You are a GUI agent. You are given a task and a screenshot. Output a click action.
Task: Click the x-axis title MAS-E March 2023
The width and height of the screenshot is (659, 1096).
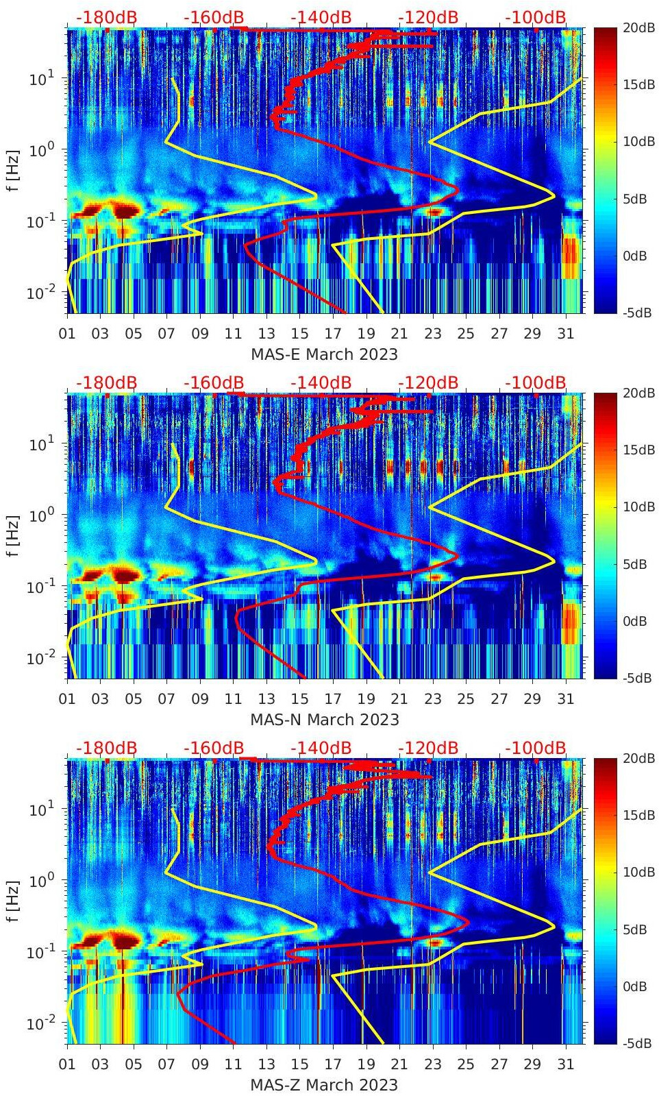[x=324, y=354]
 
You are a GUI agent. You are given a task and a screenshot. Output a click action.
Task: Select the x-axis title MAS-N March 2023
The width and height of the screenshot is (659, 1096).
[x=324, y=720]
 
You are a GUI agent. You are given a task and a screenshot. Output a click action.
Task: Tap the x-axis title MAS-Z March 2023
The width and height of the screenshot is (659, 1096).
[x=324, y=1085]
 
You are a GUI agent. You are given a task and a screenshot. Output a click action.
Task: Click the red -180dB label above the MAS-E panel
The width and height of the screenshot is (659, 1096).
[x=106, y=17]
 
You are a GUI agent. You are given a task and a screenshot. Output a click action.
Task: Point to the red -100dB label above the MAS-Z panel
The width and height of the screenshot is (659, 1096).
[x=536, y=748]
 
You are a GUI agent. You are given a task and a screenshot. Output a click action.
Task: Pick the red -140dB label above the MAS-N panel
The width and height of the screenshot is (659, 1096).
[x=321, y=382]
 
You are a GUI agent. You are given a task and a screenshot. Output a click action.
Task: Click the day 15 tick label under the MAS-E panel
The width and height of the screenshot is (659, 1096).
[x=299, y=334]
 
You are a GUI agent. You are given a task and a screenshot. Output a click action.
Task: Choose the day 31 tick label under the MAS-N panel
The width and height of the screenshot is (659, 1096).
[x=565, y=699]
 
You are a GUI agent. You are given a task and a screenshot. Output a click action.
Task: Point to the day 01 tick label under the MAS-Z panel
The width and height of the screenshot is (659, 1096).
[x=67, y=1064]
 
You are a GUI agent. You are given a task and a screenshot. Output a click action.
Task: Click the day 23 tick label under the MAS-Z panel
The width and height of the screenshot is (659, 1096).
[x=432, y=1064]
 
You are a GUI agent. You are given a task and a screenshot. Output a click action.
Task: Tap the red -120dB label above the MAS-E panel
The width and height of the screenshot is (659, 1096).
[x=428, y=17]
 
